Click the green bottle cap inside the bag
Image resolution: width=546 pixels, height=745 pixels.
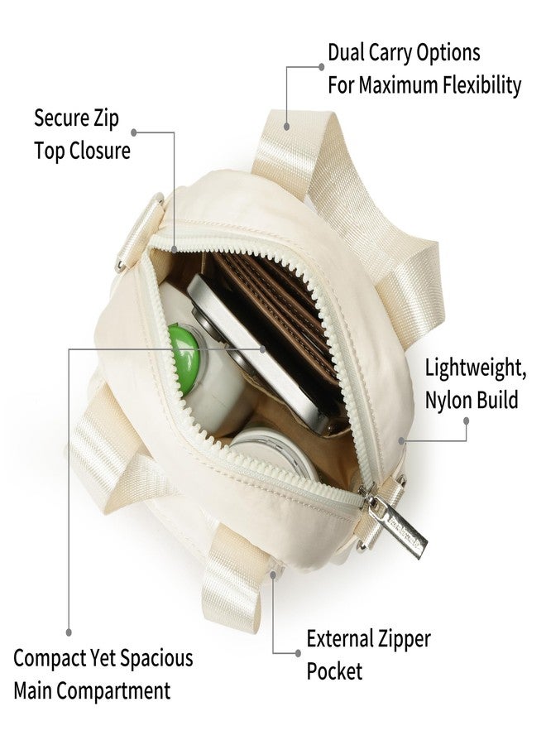[x=183, y=352]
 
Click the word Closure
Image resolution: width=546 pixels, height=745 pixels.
[x=100, y=151]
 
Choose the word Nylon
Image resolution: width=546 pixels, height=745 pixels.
[x=446, y=401]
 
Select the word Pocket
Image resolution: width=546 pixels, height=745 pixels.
[x=334, y=670]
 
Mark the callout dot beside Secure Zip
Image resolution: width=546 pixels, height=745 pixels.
[x=134, y=132]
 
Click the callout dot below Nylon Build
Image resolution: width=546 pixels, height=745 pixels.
[x=467, y=421]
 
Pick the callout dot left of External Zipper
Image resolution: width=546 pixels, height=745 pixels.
[x=298, y=653]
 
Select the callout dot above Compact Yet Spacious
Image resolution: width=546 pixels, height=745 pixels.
[x=69, y=633]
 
